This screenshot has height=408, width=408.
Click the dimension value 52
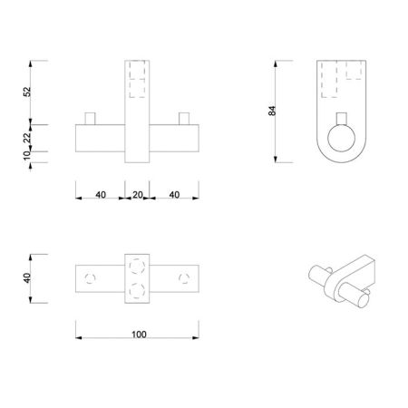(x=26, y=92)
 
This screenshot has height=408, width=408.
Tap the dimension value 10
(x=26, y=156)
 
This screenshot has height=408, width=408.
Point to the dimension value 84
(x=271, y=110)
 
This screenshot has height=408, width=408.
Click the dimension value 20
(x=138, y=194)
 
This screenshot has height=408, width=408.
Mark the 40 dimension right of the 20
(x=176, y=194)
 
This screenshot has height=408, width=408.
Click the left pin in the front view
(x=90, y=118)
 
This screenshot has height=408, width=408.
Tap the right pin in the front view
(x=185, y=118)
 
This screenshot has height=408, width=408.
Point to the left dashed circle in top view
(x=89, y=276)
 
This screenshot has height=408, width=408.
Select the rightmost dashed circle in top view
(x=186, y=276)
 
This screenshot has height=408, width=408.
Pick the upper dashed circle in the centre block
(x=138, y=264)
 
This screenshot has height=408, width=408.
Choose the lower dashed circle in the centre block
(x=138, y=287)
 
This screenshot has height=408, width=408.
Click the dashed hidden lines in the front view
(x=138, y=80)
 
